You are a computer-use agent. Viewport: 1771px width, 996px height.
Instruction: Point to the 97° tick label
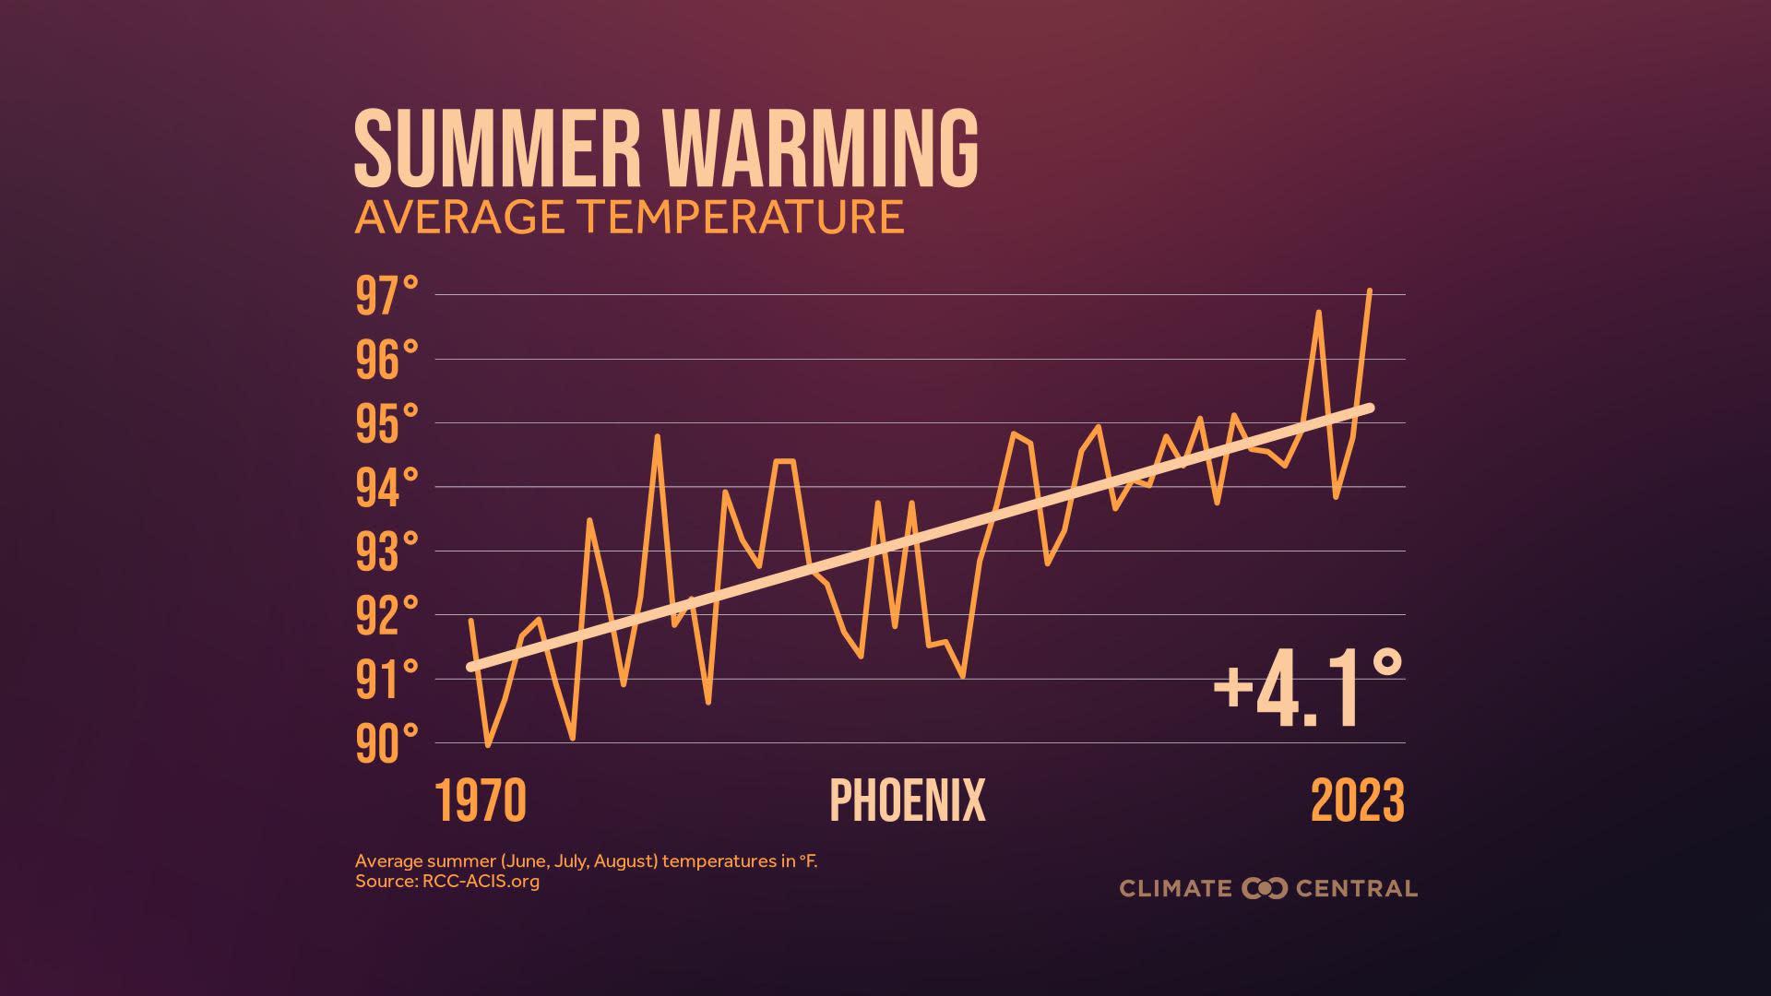tap(386, 297)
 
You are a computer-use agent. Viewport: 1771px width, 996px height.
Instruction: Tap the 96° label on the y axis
tap(386, 361)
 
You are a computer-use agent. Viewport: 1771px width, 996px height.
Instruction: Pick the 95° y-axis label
tap(386, 424)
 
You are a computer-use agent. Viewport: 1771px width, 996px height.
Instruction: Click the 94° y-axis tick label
tap(386, 489)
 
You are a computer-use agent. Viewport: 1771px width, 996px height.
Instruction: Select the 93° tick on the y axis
tap(386, 552)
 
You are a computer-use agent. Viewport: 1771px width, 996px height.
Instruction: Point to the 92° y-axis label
tap(386, 616)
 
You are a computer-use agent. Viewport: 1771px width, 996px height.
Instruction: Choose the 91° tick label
tap(386, 681)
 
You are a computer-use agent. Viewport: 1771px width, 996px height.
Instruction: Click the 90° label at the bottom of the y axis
tap(386, 744)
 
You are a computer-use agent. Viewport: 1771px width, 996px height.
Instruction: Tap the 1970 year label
tap(480, 800)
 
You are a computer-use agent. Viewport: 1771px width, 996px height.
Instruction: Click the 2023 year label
tap(1357, 800)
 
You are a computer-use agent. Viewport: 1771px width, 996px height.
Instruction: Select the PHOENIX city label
tap(908, 800)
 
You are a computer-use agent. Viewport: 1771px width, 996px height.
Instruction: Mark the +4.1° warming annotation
tap(1307, 690)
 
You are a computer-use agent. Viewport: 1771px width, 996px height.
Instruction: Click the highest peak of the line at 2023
tap(1370, 291)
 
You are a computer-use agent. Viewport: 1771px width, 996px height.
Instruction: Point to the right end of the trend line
tap(1370, 408)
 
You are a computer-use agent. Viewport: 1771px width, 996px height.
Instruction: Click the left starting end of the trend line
tap(471, 666)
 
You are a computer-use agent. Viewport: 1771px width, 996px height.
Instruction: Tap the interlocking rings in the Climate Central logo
tap(1264, 889)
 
